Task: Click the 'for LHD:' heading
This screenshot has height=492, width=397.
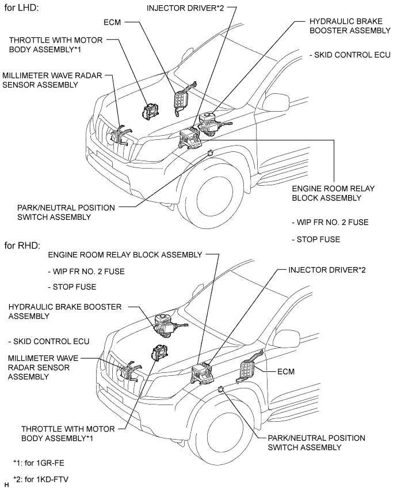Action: coord(21,7)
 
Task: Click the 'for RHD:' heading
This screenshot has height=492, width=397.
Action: coord(22,245)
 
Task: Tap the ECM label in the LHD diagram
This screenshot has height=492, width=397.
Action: coord(112,22)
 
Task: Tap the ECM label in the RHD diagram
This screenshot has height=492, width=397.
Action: coord(286,372)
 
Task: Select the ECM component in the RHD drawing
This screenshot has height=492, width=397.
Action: coord(249,367)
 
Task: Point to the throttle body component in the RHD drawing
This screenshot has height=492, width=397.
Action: coord(159,352)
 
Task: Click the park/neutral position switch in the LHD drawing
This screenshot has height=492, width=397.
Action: coord(211,153)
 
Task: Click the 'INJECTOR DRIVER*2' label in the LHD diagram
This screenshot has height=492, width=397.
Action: coord(185,8)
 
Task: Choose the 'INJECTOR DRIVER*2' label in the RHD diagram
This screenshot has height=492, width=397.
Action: coord(327,270)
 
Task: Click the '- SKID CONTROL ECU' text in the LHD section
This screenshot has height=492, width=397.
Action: coord(350,55)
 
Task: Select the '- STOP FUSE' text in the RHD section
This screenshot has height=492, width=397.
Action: coord(72,287)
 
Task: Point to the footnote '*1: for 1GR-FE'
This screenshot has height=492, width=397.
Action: coord(39,463)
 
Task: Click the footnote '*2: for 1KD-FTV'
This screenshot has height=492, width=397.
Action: coord(40,479)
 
